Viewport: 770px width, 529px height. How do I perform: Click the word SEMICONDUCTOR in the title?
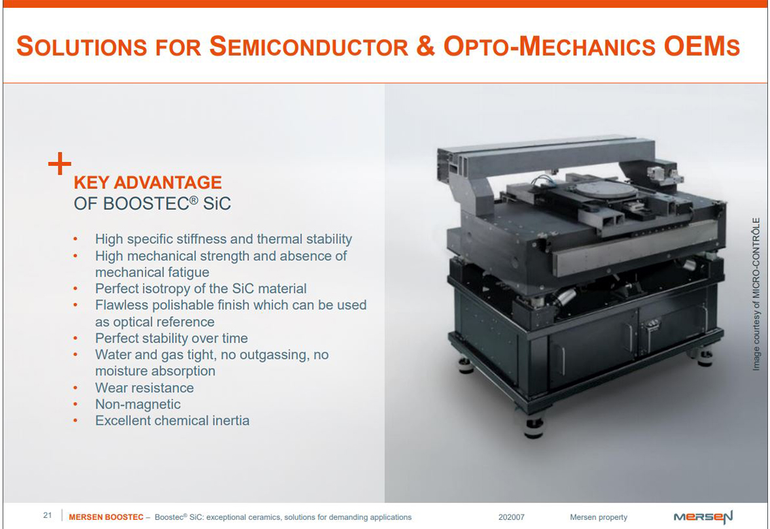pos(309,46)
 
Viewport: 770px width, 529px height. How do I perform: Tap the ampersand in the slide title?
pos(425,46)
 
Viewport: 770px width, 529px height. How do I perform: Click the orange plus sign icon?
pos(60,163)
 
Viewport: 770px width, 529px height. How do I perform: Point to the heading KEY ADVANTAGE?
pos(147,182)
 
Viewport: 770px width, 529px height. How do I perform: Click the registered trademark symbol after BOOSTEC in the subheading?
pos(194,199)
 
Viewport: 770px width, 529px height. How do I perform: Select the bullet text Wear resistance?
pos(145,388)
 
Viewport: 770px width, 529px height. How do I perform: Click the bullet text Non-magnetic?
pos(138,404)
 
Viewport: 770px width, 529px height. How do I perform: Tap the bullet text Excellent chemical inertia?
pos(172,420)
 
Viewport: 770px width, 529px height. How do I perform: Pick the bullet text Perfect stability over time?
pos(171,338)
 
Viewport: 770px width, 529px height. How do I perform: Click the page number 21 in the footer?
pos(48,515)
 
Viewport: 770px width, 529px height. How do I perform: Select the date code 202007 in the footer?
pos(511,517)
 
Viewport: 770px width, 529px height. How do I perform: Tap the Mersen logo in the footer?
pos(703,517)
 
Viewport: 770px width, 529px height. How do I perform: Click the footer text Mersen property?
pos(599,517)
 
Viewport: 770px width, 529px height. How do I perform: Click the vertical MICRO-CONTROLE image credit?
pos(756,294)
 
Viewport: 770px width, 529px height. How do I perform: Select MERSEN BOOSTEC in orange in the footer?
pos(106,517)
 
